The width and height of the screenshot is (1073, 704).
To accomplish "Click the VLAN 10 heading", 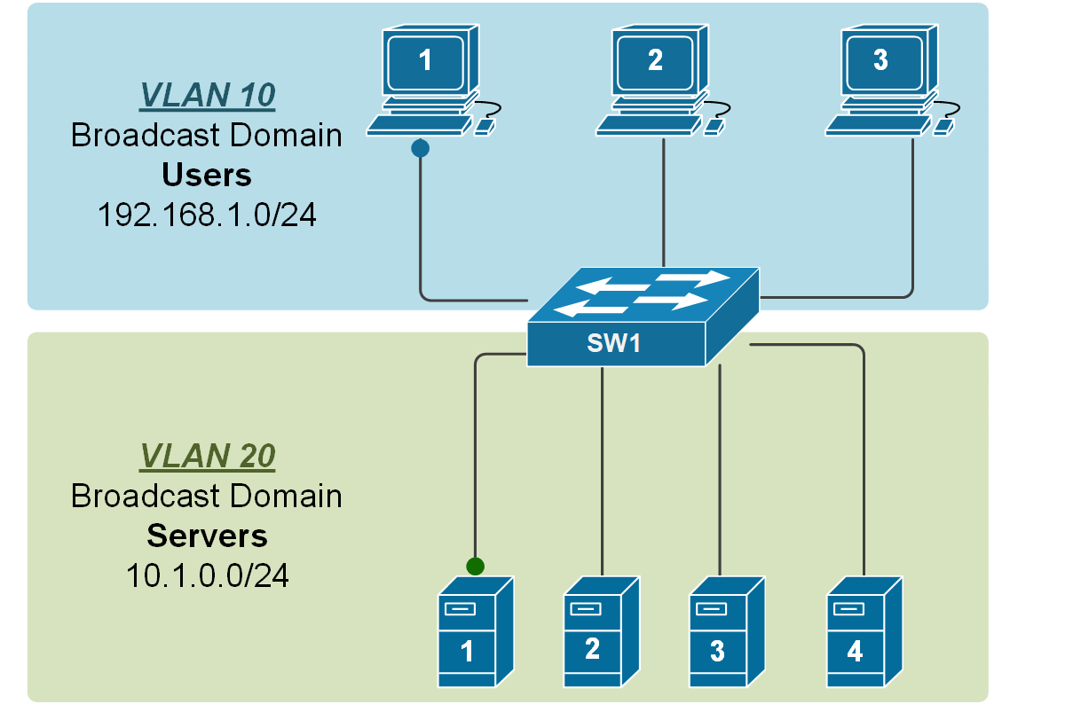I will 207,96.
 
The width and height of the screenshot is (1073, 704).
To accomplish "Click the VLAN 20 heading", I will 207,455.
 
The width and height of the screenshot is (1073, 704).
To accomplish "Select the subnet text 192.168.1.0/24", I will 207,215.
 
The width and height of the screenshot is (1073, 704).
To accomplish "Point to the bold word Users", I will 207,175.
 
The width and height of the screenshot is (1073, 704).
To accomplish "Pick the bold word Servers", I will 207,536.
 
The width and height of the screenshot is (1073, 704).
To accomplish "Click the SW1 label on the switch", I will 612,343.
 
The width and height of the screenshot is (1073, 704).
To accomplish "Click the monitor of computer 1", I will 425,61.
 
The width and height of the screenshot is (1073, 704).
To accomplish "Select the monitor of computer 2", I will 655,61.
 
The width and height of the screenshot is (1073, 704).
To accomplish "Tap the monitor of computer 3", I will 880,61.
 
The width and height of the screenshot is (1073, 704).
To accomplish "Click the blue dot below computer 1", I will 421,148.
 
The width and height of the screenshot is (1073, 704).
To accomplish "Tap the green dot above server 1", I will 476,566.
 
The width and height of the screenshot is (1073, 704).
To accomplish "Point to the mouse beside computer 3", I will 943,128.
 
